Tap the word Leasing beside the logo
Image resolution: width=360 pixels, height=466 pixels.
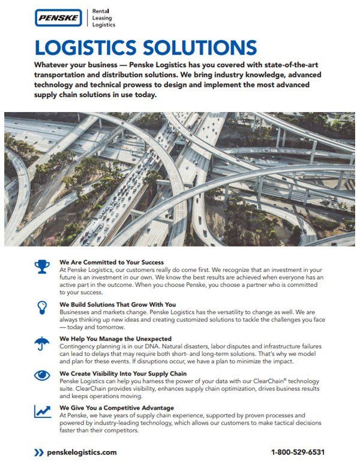tap(103, 18)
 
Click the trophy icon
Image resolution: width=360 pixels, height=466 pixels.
tap(43, 266)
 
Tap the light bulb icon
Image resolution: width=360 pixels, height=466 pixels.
tap(43, 307)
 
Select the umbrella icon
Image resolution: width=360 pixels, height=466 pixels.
tap(43, 343)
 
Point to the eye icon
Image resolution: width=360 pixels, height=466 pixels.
tap(43, 376)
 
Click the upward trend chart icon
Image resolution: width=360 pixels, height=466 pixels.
tap(43, 411)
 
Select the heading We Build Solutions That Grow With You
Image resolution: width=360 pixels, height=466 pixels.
tap(117, 304)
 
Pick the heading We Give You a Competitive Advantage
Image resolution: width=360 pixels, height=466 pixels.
tap(117, 408)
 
